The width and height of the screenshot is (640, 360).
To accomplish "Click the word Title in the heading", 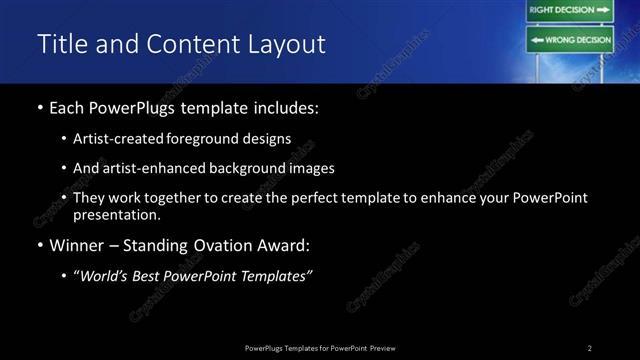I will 61,44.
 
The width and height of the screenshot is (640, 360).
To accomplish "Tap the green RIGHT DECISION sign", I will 569,10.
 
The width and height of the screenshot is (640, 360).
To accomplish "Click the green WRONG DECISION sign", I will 569,41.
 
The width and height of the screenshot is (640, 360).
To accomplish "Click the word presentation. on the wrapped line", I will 116,215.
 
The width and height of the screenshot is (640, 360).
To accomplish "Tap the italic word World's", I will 106,277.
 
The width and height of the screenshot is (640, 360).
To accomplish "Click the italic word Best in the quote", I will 153,277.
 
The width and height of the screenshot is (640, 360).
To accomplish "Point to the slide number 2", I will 590,347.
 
